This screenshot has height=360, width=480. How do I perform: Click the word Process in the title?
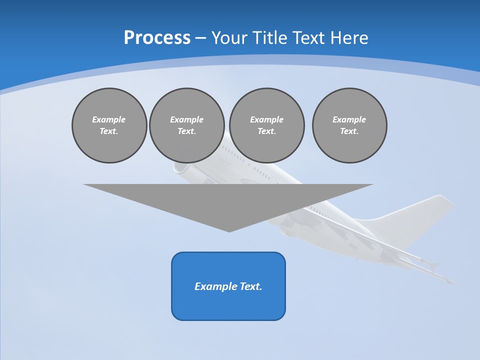pos(157,38)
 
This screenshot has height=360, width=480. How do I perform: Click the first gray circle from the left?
pos(109,125)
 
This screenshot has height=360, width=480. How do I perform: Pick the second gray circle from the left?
pos(186,125)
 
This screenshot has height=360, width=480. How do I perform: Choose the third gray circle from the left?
pos(266,125)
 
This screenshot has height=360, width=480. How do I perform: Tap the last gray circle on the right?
pos(349,125)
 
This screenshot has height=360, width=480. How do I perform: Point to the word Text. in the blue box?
pos(251,286)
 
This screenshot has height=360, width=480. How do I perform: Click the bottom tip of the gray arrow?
pos(229,231)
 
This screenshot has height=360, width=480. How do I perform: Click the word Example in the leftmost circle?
pos(109,119)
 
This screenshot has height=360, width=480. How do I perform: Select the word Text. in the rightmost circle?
pos(349,131)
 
